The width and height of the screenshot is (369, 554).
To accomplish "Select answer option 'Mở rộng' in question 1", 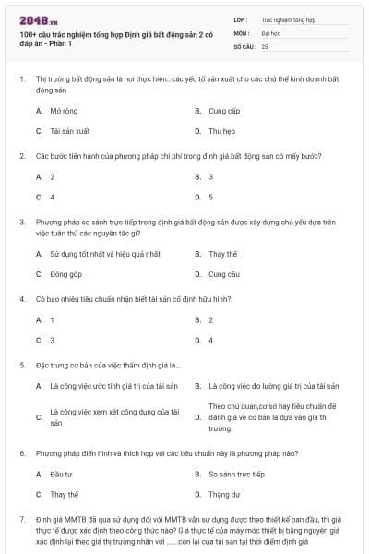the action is [x=64, y=110].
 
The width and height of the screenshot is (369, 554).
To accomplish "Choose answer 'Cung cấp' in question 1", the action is [x=224, y=110].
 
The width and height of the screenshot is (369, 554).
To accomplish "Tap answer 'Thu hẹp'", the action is [x=222, y=131].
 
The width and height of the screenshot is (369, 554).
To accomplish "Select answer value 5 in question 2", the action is [x=210, y=197].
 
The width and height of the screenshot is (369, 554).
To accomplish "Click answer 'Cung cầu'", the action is [x=224, y=274].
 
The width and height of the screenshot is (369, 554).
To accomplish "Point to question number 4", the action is [x=21, y=299].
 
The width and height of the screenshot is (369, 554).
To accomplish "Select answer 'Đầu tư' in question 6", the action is [x=61, y=474].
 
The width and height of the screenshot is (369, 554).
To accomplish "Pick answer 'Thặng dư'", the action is [x=223, y=495].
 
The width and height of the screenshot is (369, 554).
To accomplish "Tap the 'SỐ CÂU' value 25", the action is [x=265, y=45].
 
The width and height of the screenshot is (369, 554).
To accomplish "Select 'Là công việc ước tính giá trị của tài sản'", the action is [x=113, y=385].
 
